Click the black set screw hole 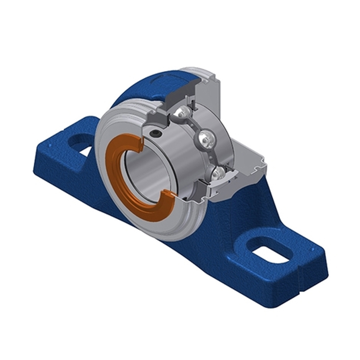[x=155, y=134]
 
